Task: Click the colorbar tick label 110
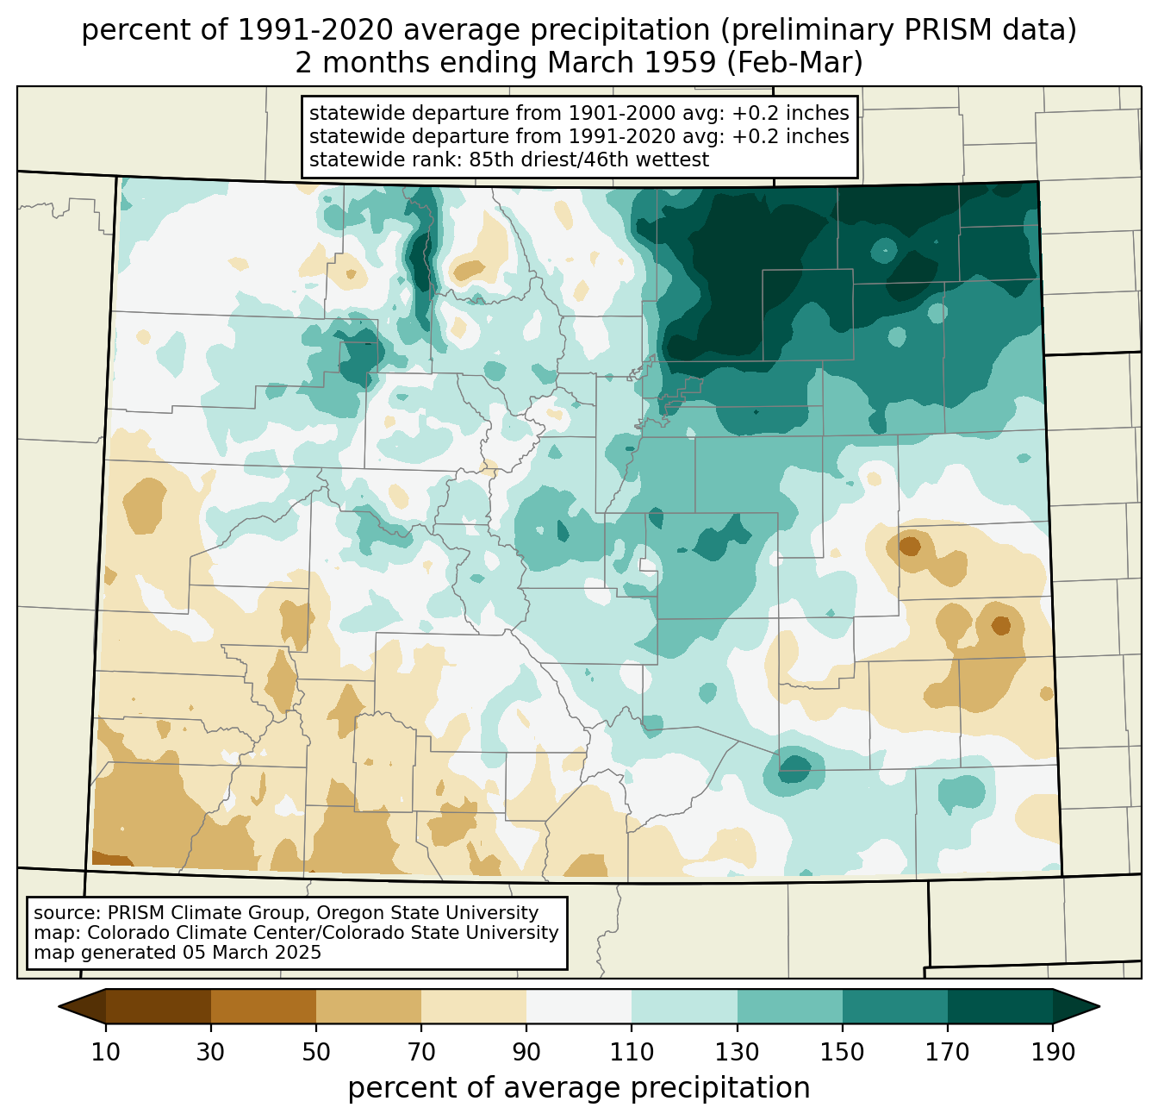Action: pyautogui.click(x=632, y=1052)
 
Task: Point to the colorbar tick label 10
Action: pyautogui.click(x=105, y=1052)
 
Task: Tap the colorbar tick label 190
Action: pyautogui.click(x=1053, y=1052)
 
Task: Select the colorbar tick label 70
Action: pyautogui.click(x=421, y=1052)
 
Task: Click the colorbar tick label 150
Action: pyautogui.click(x=842, y=1052)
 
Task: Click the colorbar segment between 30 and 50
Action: pyautogui.click(x=263, y=1006)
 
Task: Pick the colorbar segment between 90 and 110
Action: pyautogui.click(x=579, y=1006)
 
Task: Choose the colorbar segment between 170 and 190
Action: pyautogui.click(x=999, y=1006)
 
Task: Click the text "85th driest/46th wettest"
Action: pyautogui.click(x=589, y=160)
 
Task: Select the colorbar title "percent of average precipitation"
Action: pyautogui.click(x=578, y=1087)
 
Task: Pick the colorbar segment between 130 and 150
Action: pyautogui.click(x=789, y=1006)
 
